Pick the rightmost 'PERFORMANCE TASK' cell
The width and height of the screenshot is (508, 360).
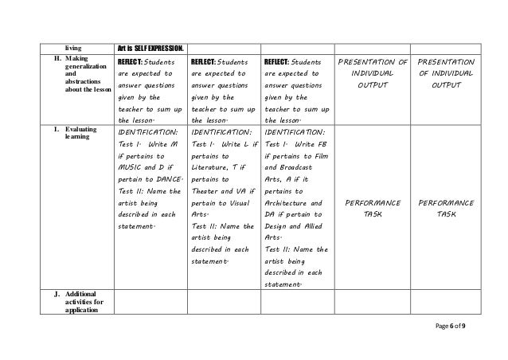coord(446,210)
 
